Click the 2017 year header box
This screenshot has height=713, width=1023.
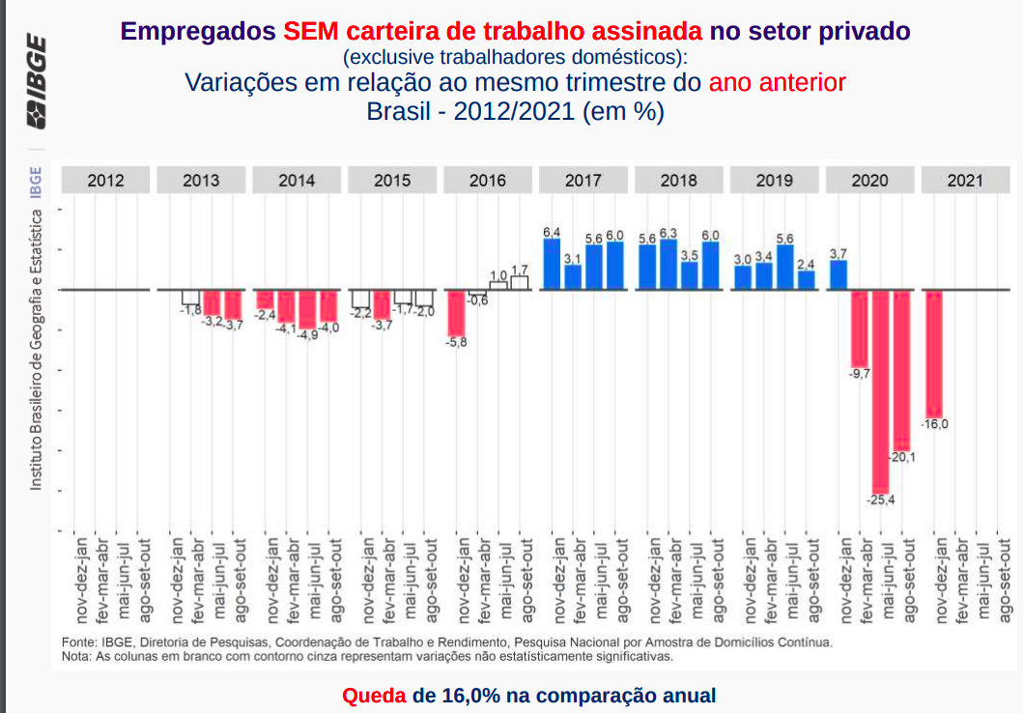[583, 181]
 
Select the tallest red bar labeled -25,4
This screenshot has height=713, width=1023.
[880, 391]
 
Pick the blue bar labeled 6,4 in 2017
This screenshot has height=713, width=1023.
[552, 264]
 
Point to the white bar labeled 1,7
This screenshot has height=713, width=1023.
[520, 282]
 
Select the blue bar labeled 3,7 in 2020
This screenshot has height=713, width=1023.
[838, 274]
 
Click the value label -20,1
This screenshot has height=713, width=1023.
[902, 457]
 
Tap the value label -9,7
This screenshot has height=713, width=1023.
[859, 373]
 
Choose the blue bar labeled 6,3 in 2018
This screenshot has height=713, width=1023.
[668, 264]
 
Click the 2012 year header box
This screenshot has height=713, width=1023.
[105, 181]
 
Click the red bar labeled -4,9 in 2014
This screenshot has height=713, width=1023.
[307, 309]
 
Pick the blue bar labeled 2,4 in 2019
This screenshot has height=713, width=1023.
[807, 279]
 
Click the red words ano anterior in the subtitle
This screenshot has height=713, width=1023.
[777, 82]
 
